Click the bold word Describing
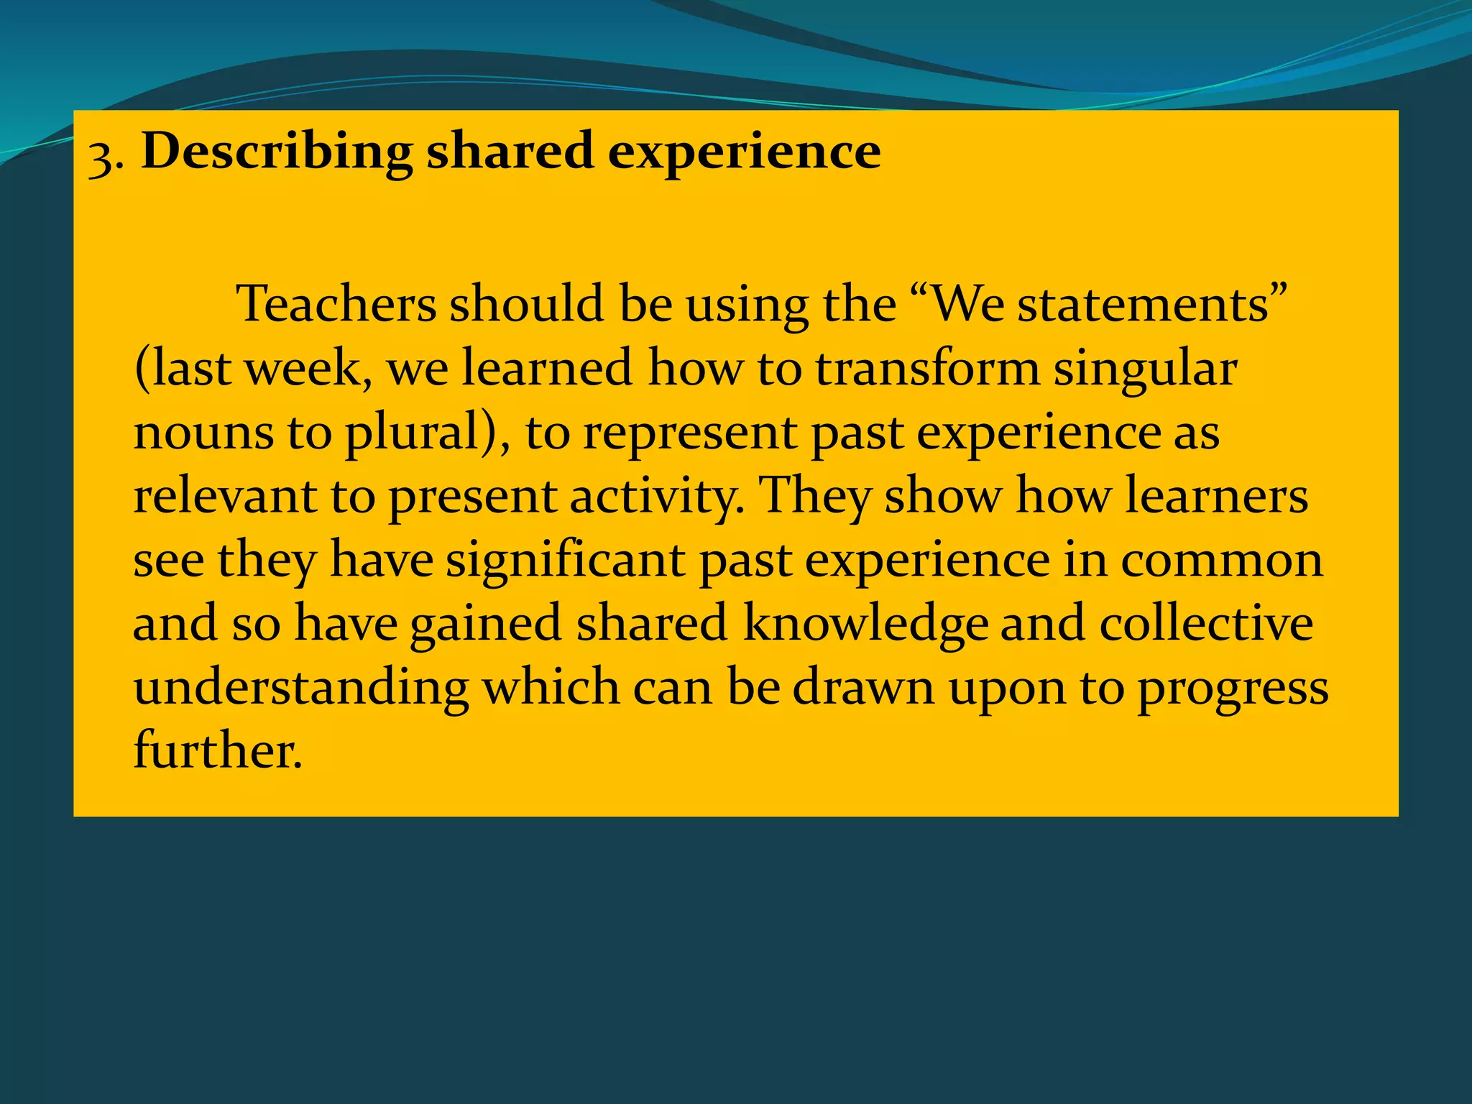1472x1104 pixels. click(x=277, y=152)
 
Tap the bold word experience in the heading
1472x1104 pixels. click(x=744, y=152)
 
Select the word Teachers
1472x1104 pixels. click(x=336, y=304)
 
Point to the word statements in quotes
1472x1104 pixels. click(x=1143, y=304)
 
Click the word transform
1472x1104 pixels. click(x=927, y=368)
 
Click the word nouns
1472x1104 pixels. click(x=203, y=433)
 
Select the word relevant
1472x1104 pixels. click(x=224, y=497)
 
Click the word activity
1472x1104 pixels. click(x=654, y=497)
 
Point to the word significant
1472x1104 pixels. click(x=565, y=561)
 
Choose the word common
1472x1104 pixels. click(x=1221, y=561)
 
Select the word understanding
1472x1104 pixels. click(x=301, y=689)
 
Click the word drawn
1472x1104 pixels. click(x=863, y=688)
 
